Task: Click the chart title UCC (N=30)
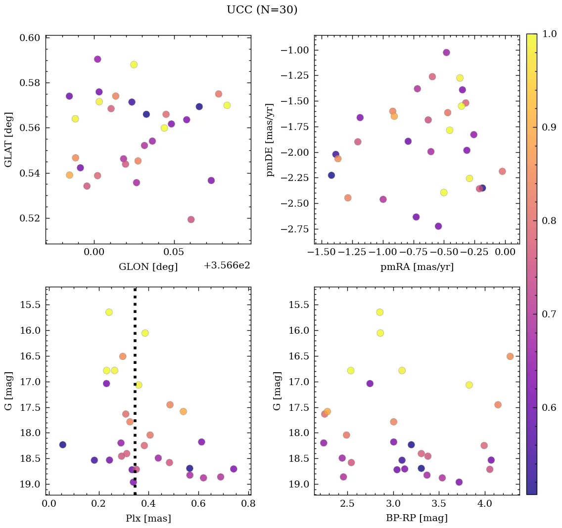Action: coord(262,10)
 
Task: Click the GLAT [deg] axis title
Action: coord(8,139)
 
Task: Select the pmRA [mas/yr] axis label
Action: coord(417,267)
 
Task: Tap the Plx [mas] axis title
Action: coord(148,518)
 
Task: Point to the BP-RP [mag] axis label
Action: coord(417,518)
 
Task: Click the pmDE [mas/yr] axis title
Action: coord(270,139)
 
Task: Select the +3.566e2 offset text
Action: coord(227,265)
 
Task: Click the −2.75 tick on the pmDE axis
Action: coord(295,229)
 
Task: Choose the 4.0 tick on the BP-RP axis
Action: coord(485,504)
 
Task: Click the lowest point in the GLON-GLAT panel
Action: coord(191,220)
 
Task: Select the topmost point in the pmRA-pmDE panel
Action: coord(446,52)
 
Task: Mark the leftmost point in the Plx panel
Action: coord(62,444)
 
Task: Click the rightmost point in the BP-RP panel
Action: coord(510,356)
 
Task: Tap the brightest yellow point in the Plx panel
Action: coord(109,312)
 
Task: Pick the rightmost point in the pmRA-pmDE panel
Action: coord(502,172)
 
